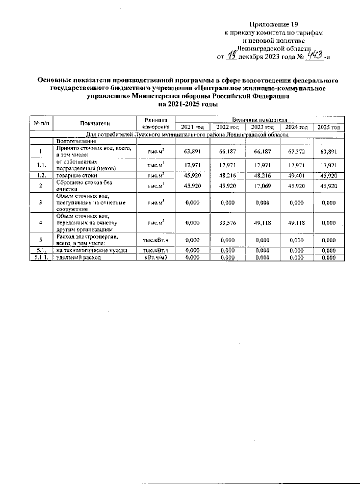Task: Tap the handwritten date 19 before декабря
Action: tap(231, 55)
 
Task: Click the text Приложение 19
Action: tap(274, 24)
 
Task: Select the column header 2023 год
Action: tap(262, 127)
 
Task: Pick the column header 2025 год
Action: tap(328, 127)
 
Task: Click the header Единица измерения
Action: tap(156, 123)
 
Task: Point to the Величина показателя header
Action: tap(259, 119)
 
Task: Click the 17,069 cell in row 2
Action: tap(262, 186)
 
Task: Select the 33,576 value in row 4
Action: tap(227, 223)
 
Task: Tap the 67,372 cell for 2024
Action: tap(296, 152)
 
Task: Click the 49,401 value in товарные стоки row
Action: tap(296, 176)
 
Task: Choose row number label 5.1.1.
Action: tap(41, 257)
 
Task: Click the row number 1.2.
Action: tap(41, 176)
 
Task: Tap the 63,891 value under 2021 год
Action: tap(192, 152)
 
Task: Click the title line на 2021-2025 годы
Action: tap(187, 104)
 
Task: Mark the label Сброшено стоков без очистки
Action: tap(84, 186)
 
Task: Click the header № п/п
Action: tap(41, 123)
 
